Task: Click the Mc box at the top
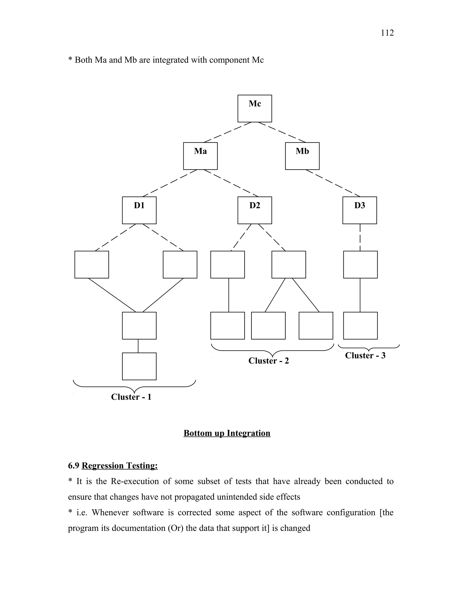[254, 109]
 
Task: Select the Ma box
[200, 156]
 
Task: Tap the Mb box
[302, 156]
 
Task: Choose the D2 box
[254, 210]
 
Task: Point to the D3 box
[360, 210]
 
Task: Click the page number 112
[387, 33]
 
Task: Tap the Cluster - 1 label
[131, 397]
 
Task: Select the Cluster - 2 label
[268, 361]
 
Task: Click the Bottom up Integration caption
[227, 433]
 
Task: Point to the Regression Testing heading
[120, 465]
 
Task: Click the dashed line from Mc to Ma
[228, 132]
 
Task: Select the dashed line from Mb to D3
[333, 183]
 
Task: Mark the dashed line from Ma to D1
[170, 183]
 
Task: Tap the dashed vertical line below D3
[360, 237]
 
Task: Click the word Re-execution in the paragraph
[135, 481]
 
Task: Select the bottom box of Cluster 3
[360, 326]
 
